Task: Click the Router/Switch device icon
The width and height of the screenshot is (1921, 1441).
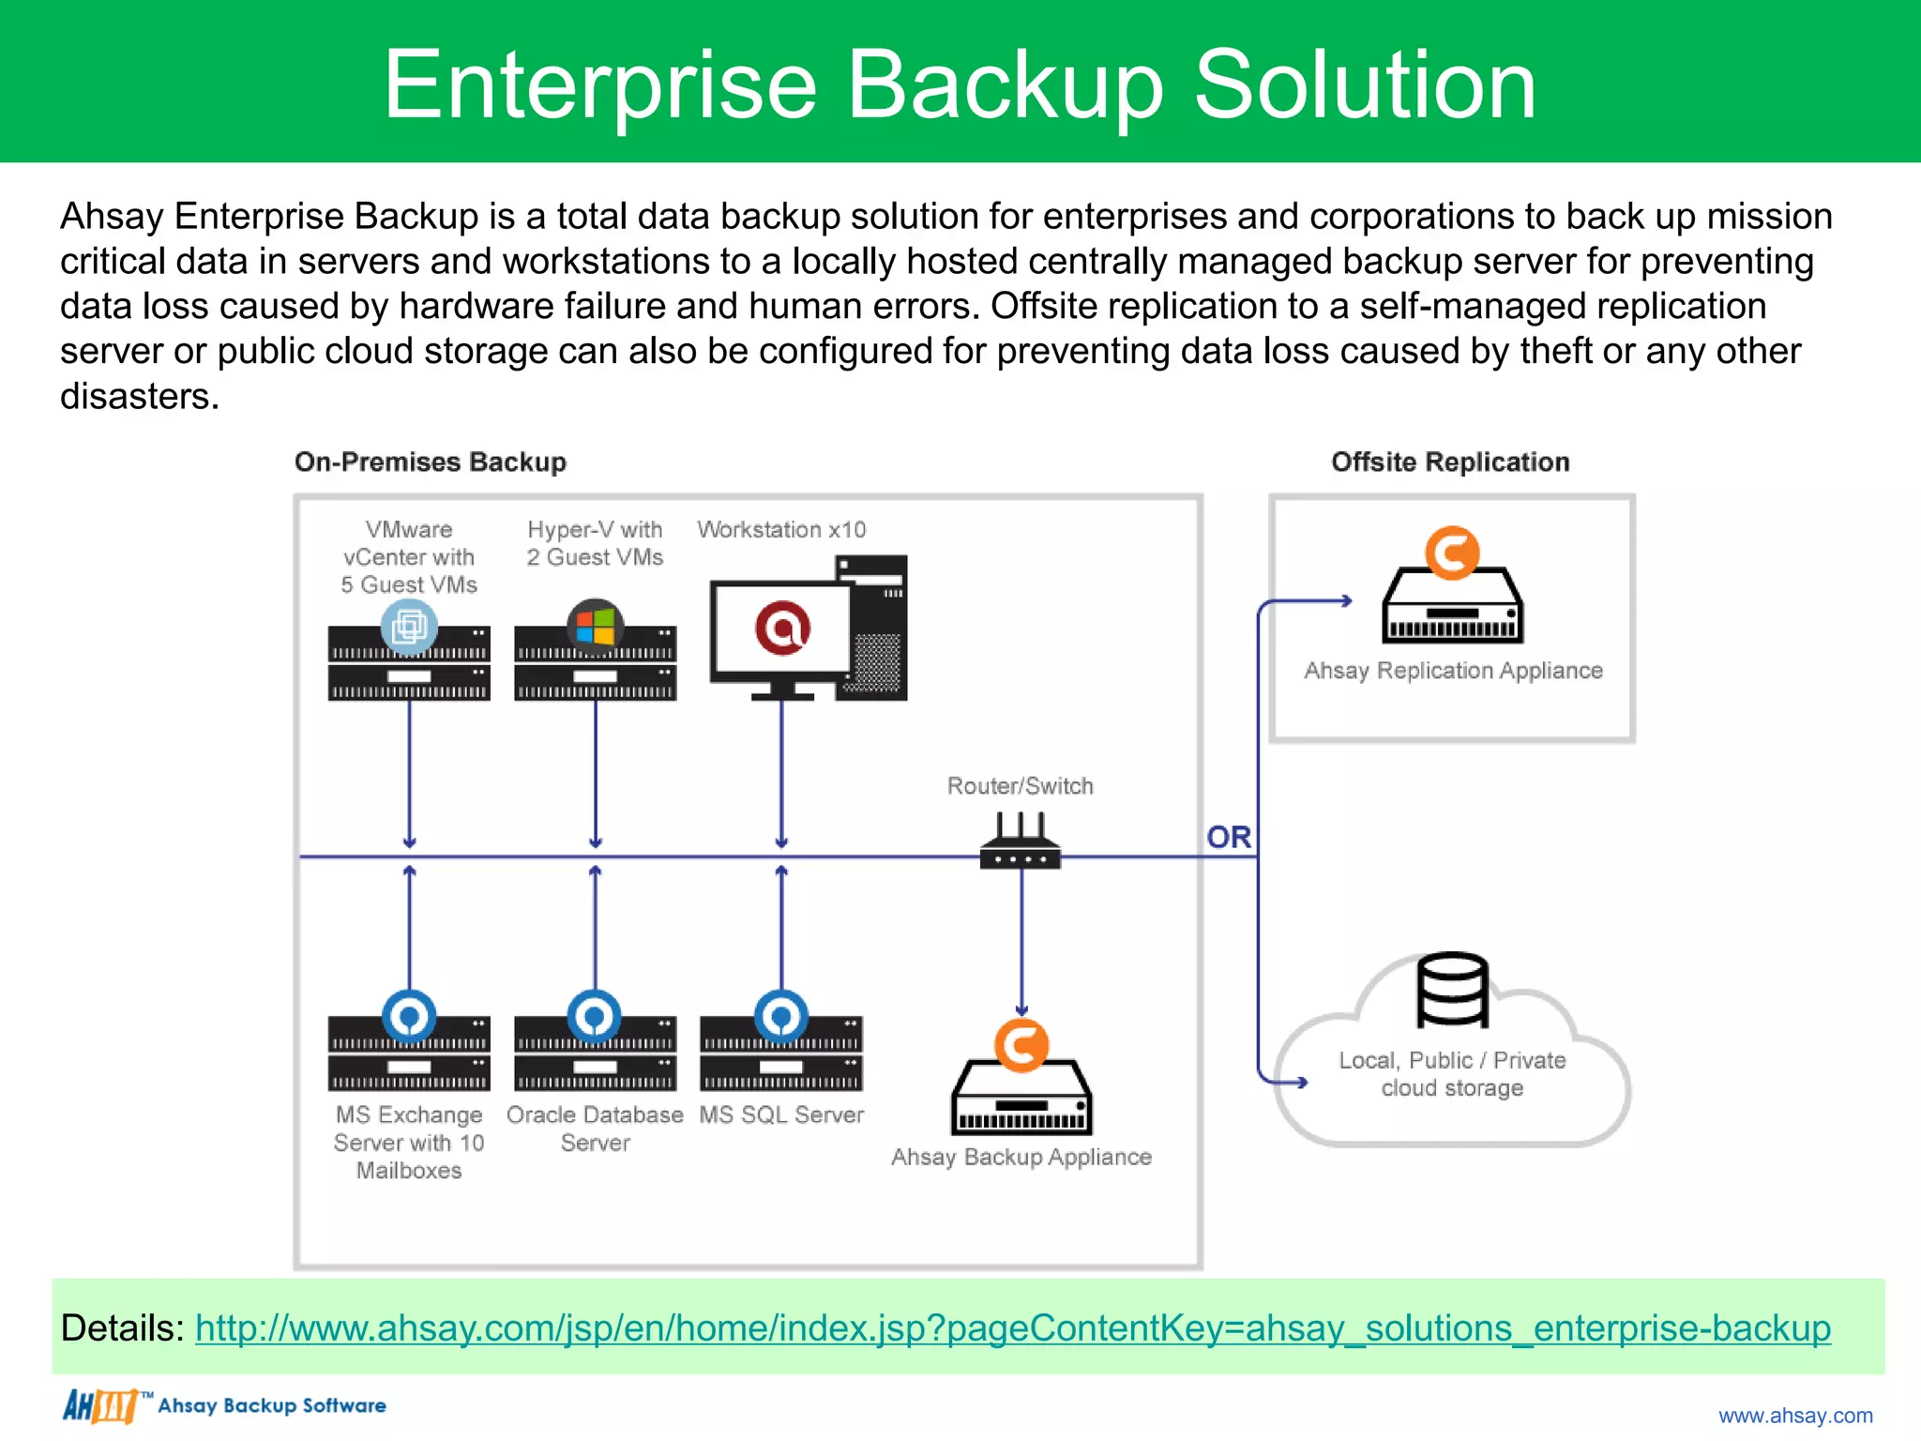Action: pyautogui.click(x=1020, y=843)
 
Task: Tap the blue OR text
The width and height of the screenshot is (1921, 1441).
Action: pyautogui.click(x=1228, y=837)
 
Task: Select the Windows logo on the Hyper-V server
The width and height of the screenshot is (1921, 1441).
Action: pyautogui.click(x=595, y=627)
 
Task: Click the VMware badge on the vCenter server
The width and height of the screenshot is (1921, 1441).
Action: pyautogui.click(x=409, y=627)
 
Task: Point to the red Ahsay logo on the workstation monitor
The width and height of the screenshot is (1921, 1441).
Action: pyautogui.click(x=782, y=629)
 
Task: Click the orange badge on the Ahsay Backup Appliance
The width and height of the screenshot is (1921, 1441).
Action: pyautogui.click(x=1021, y=1045)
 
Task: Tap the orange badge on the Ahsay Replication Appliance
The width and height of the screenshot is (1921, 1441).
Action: pyautogui.click(x=1452, y=553)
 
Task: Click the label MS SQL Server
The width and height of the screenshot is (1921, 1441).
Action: pyautogui.click(x=780, y=1115)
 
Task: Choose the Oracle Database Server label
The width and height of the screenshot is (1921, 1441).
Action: pyautogui.click(x=595, y=1128)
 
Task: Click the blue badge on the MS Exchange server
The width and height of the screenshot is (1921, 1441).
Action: pyautogui.click(x=409, y=1016)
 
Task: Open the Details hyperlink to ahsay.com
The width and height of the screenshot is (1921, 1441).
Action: pyautogui.click(x=1012, y=1328)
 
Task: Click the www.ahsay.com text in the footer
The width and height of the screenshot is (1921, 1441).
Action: pyautogui.click(x=1794, y=1415)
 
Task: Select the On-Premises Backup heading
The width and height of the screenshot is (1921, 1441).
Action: pyautogui.click(x=430, y=462)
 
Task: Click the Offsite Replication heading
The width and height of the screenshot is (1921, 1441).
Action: pyautogui.click(x=1450, y=462)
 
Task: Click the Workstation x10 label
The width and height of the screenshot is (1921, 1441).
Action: pyautogui.click(x=780, y=529)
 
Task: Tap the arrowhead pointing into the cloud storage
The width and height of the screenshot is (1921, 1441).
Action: pyautogui.click(x=1301, y=1083)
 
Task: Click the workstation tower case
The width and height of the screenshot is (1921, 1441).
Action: pyautogui.click(x=876, y=629)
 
